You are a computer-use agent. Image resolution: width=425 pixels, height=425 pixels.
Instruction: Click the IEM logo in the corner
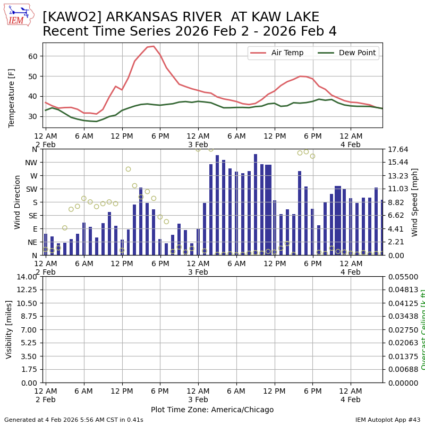point(19,15)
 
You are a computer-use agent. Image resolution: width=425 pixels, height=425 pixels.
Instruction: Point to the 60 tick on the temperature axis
point(32,56)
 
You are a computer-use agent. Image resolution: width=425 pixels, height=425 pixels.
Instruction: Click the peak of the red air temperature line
point(154,46)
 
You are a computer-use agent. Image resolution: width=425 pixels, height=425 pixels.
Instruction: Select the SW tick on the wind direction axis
point(31,189)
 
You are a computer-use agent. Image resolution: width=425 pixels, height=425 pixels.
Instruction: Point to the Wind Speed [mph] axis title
point(415,202)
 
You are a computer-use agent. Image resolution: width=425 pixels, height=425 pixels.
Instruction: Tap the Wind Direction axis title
point(18,202)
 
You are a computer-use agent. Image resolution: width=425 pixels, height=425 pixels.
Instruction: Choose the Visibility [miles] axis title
point(9,329)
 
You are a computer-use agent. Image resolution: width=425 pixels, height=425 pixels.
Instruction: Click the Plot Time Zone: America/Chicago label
point(212,410)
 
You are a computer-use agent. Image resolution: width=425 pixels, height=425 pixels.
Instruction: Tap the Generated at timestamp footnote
point(74,420)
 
